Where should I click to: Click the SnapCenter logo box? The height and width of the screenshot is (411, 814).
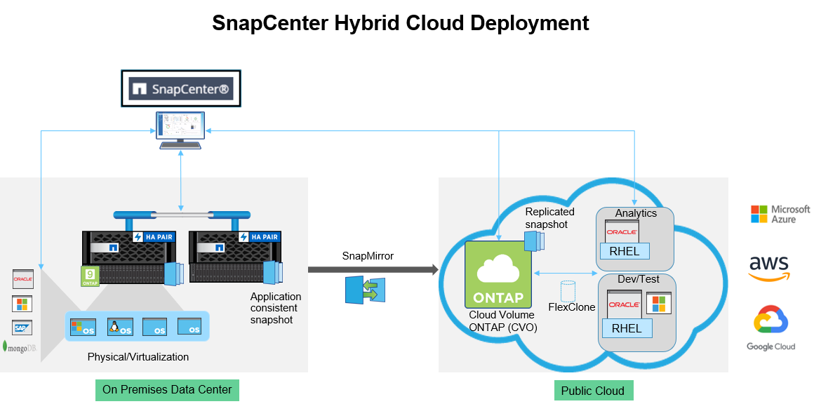(x=180, y=88)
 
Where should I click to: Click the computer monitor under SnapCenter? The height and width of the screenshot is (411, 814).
(x=180, y=130)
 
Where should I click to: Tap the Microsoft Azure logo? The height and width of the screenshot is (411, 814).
(x=780, y=214)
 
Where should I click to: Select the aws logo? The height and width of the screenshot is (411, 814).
(x=769, y=268)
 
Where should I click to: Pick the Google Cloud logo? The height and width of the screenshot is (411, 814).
(x=770, y=328)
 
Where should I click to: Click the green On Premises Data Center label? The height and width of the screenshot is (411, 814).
(x=167, y=390)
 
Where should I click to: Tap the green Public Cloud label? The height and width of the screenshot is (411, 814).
(x=593, y=391)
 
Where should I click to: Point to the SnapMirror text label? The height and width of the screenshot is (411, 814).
(x=368, y=256)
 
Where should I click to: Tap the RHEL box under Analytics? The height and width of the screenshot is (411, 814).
(x=625, y=251)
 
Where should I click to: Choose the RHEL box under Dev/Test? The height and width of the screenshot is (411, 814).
(x=627, y=328)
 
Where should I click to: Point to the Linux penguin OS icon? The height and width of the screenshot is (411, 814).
(x=120, y=326)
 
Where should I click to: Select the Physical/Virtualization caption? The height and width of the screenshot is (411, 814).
(x=138, y=357)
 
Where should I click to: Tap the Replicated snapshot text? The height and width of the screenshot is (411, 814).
(x=550, y=217)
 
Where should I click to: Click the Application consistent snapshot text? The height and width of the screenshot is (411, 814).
(x=276, y=308)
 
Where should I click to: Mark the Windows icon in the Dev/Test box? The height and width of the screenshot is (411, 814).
(x=659, y=304)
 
